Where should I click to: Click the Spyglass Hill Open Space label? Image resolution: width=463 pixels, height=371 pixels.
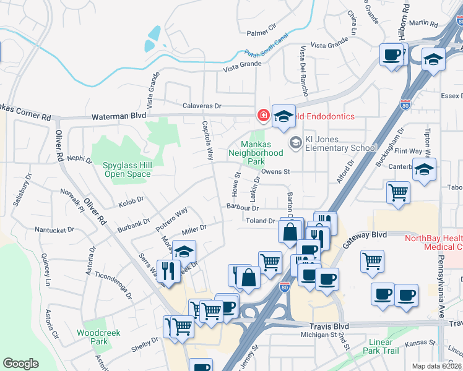pyautogui.click(x=127, y=169)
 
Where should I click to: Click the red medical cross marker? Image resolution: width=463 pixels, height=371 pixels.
pyautogui.click(x=263, y=116)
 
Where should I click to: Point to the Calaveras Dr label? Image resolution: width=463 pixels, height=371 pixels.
pyautogui.click(x=202, y=106)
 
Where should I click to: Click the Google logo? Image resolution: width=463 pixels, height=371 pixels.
pyautogui.click(x=20, y=364)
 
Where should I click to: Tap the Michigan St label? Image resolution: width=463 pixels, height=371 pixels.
pyautogui.click(x=318, y=335)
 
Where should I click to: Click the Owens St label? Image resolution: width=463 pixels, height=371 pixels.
pyautogui.click(x=275, y=171)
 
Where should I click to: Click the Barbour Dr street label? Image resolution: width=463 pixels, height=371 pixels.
pyautogui.click(x=242, y=207)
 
